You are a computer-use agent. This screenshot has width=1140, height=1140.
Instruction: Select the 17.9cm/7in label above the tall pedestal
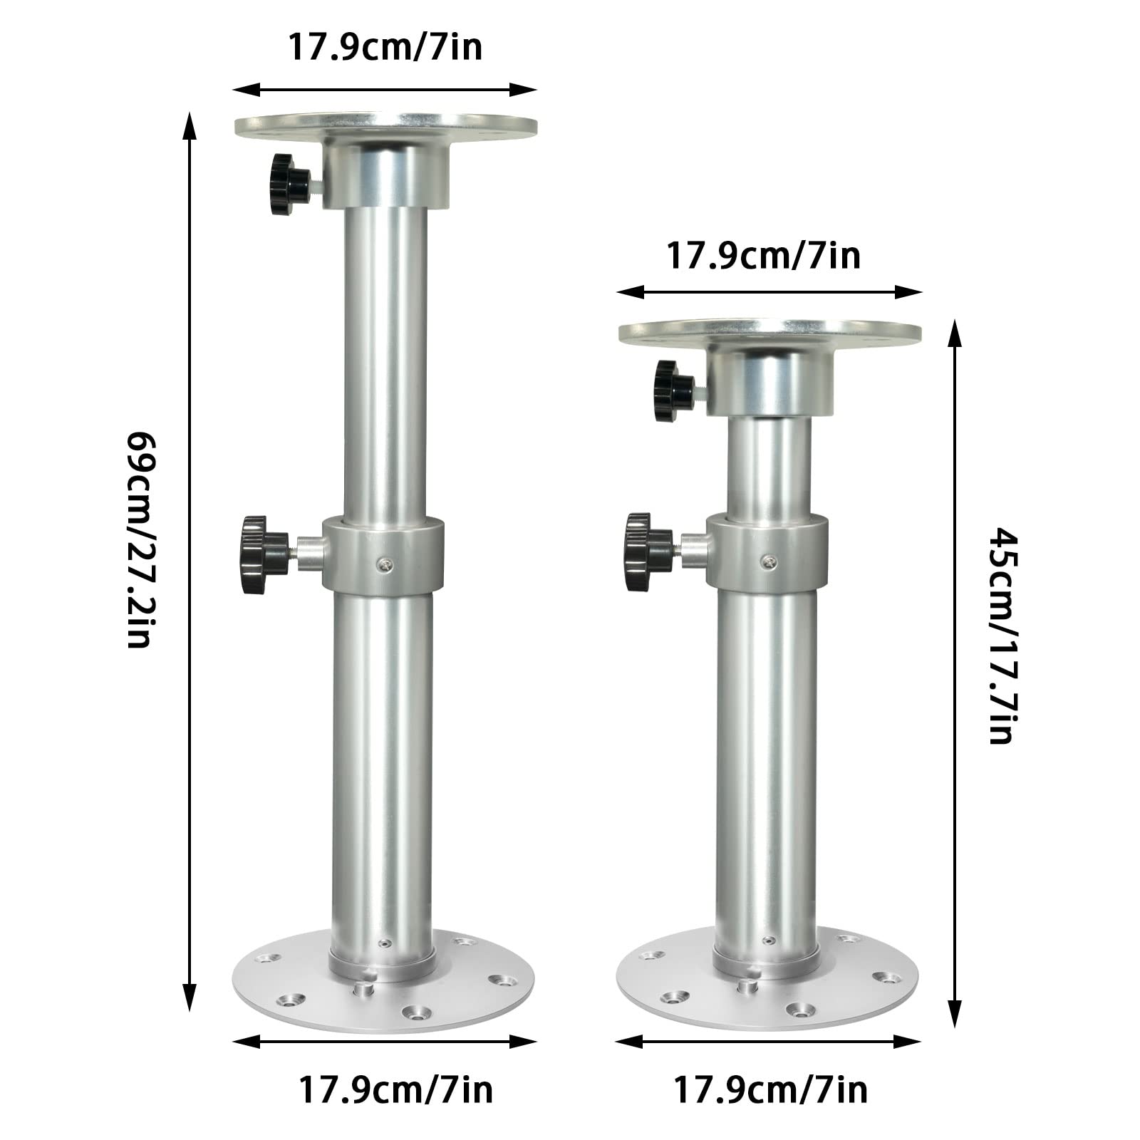click(x=385, y=47)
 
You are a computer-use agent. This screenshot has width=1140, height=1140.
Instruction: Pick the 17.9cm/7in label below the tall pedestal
click(x=395, y=1090)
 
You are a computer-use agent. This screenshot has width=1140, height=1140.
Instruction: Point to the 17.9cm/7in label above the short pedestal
click(x=763, y=256)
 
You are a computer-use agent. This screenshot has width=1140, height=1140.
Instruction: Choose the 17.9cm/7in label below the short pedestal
click(x=771, y=1090)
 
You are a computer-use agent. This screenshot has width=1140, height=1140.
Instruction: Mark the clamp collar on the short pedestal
click(x=768, y=554)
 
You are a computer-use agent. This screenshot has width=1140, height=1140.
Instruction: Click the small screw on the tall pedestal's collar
click(x=383, y=564)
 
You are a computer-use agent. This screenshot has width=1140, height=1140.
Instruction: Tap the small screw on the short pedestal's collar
click(x=767, y=561)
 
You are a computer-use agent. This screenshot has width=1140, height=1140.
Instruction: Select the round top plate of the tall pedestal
click(x=385, y=127)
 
